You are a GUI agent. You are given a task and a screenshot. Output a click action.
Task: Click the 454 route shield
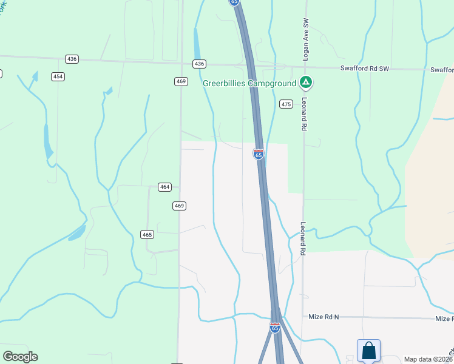[x=58, y=76]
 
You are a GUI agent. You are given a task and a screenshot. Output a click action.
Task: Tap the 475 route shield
[x=286, y=104]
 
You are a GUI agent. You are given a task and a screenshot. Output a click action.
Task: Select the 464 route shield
[x=164, y=187]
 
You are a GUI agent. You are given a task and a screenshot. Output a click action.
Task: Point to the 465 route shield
[x=147, y=234]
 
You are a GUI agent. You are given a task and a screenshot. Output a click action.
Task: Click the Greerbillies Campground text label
[x=249, y=83]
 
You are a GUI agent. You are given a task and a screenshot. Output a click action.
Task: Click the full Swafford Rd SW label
[x=364, y=69]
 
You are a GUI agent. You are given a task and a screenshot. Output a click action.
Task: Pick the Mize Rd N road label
[x=323, y=317]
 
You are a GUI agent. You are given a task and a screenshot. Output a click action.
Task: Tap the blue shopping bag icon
[x=368, y=351]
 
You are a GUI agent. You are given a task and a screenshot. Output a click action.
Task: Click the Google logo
[x=20, y=357]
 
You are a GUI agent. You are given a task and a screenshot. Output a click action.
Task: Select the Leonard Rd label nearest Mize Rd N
[x=303, y=238]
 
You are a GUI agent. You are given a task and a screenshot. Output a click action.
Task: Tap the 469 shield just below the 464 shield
[x=179, y=206]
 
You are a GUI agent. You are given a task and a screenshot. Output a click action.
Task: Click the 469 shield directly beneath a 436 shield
[x=180, y=81]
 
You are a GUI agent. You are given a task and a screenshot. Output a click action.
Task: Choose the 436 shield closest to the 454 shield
[x=72, y=59]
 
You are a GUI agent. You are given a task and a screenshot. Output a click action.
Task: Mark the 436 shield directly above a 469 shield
[x=200, y=64]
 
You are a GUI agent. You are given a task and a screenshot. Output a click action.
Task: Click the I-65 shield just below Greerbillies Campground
[x=259, y=154]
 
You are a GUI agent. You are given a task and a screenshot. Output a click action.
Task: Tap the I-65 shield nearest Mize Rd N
[x=275, y=328]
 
